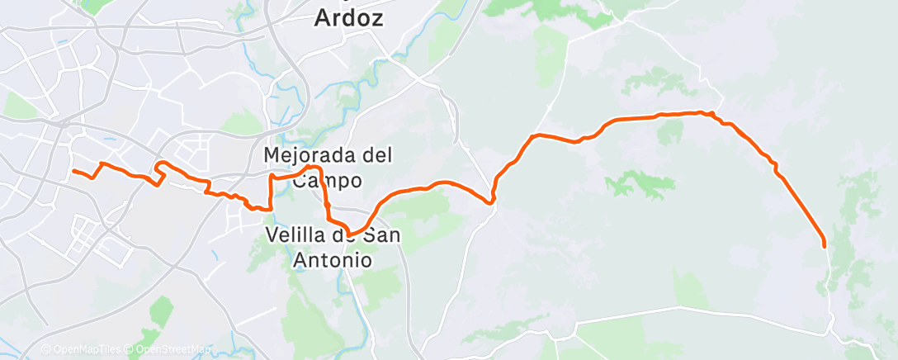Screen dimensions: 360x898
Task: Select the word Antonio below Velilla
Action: [333, 259]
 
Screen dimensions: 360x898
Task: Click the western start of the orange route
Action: [74, 171]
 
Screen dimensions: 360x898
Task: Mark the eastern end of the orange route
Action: [824, 244]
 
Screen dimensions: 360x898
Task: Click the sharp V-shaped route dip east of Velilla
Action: [492, 201]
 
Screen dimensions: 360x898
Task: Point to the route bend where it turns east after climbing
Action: [536, 135]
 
